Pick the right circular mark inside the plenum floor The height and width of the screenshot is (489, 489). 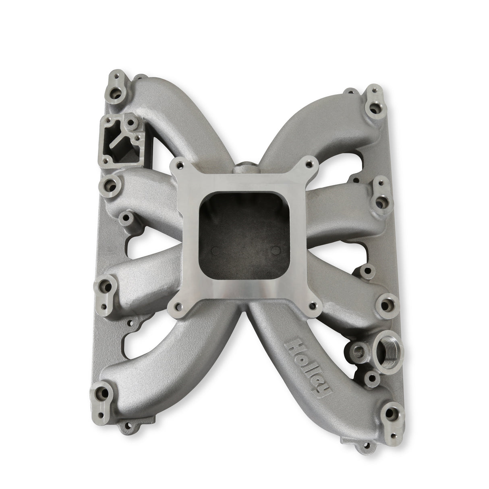[x=276, y=251]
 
